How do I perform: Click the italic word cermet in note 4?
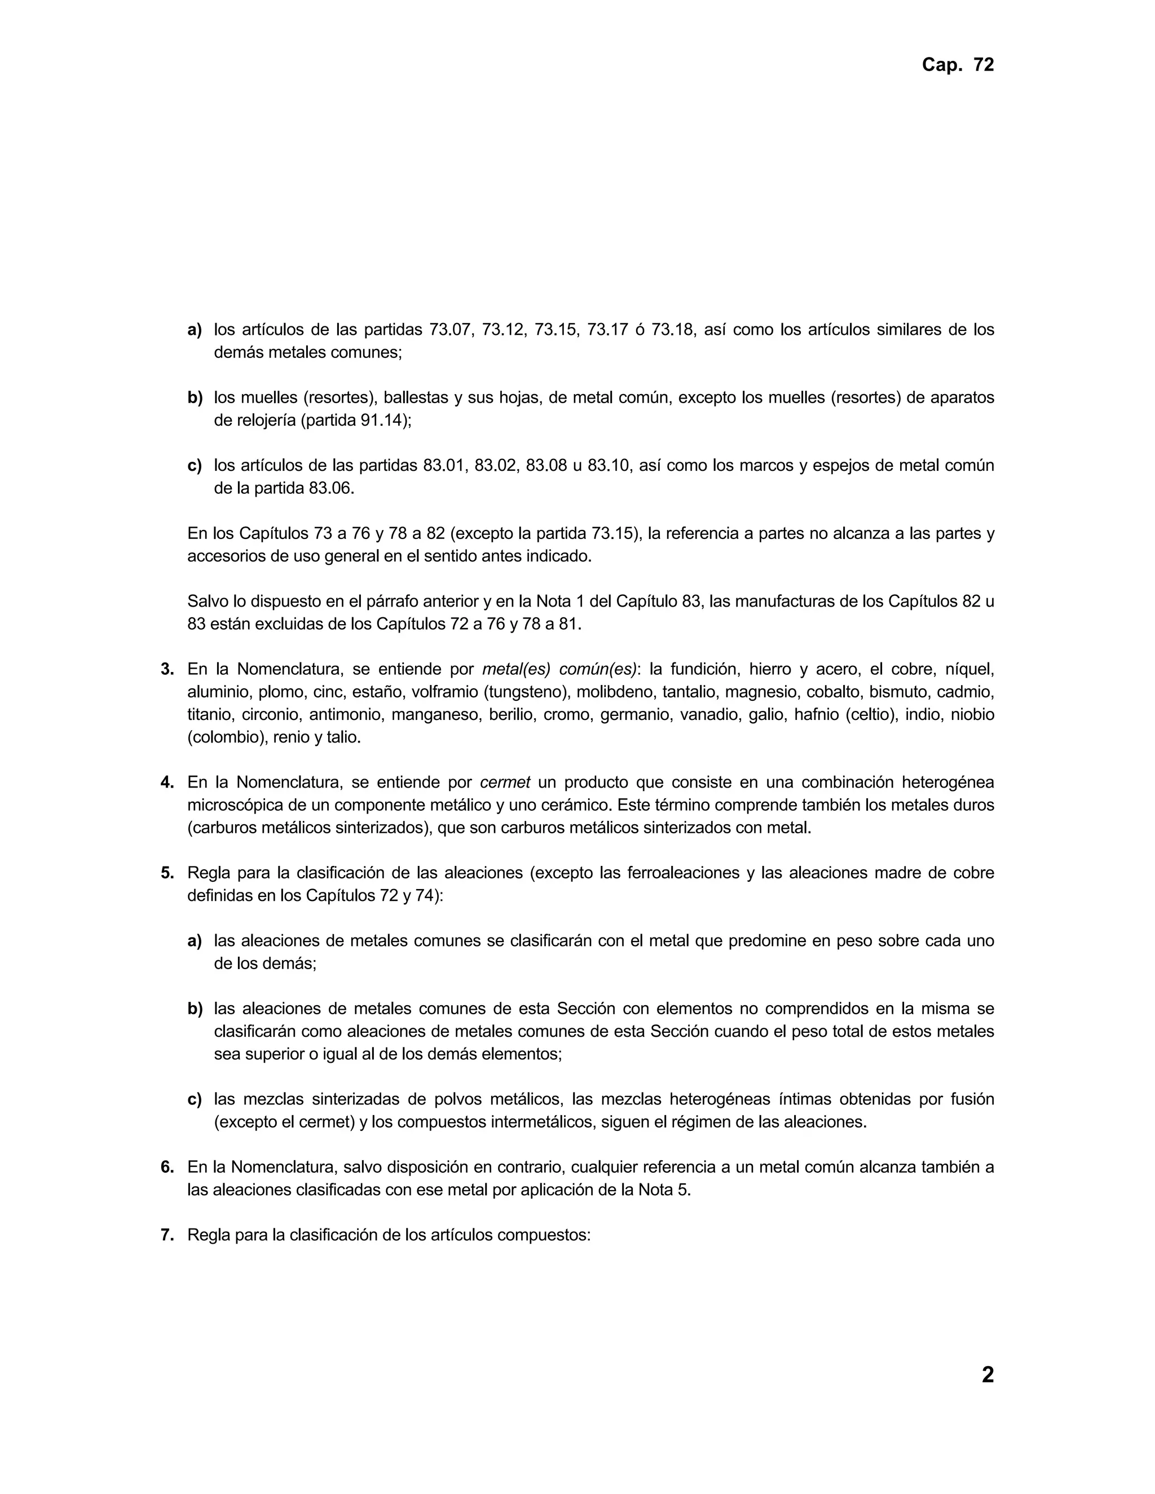click(x=505, y=782)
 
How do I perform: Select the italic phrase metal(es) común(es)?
click(x=559, y=669)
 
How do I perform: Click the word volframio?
click(x=445, y=692)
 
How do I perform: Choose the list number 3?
click(x=167, y=669)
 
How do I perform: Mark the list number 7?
click(x=167, y=1235)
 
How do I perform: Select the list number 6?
click(x=167, y=1167)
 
